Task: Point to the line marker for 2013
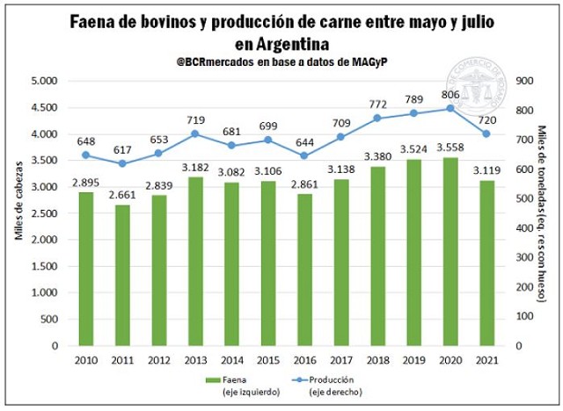click(197, 133)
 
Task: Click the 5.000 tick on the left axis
click(43, 81)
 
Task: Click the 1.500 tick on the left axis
click(43, 266)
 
